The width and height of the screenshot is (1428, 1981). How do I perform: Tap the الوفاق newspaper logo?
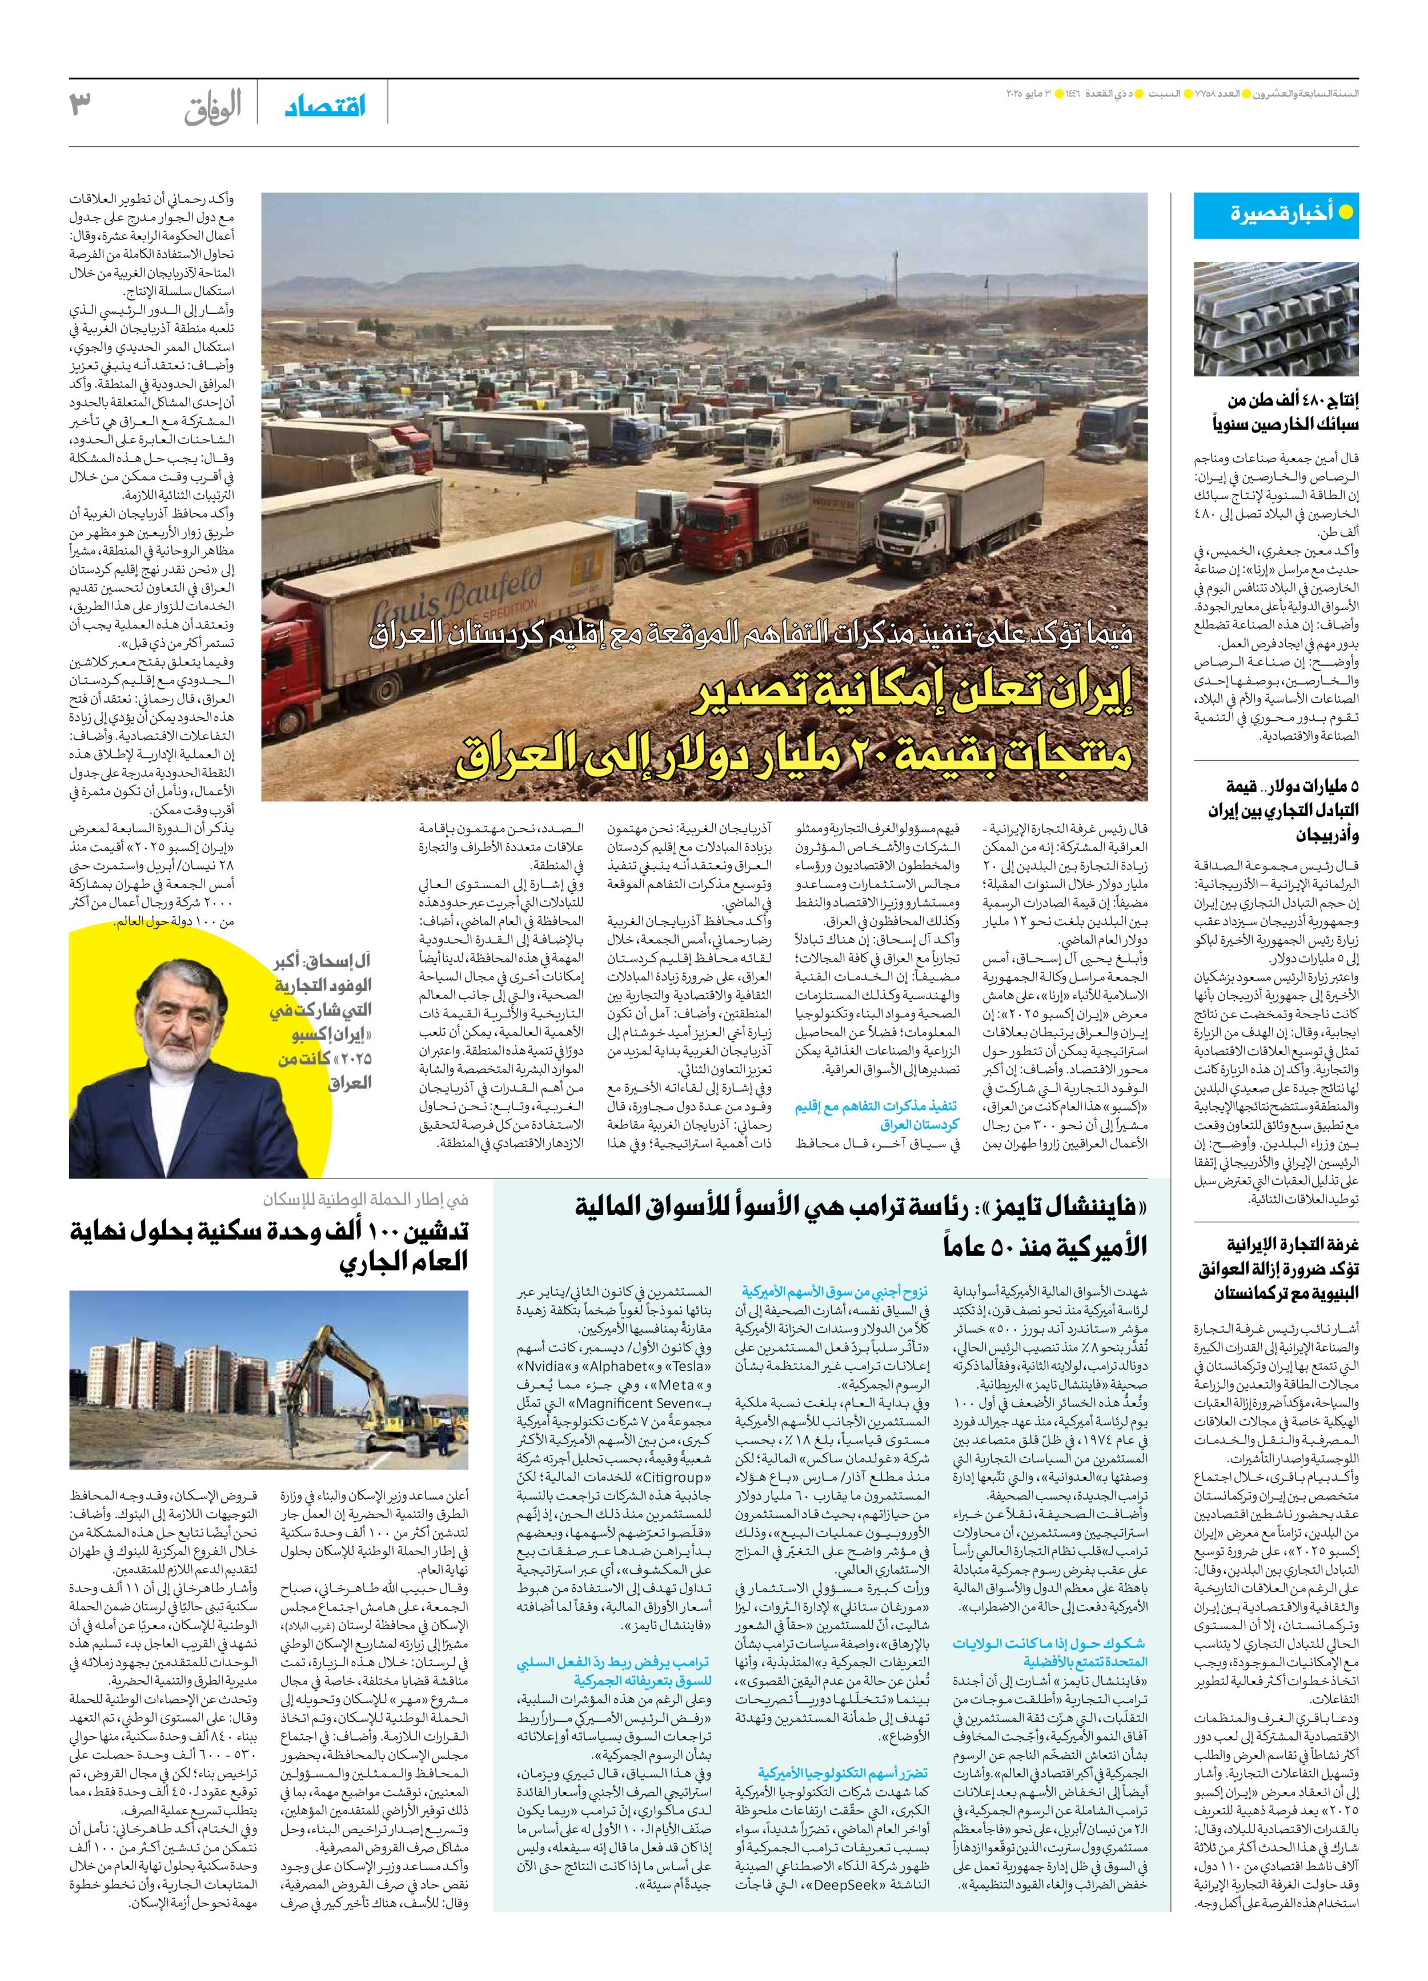point(212,107)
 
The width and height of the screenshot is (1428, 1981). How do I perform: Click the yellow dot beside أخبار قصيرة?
point(1346,212)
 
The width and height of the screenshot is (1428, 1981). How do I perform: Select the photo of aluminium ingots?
point(1276,319)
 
